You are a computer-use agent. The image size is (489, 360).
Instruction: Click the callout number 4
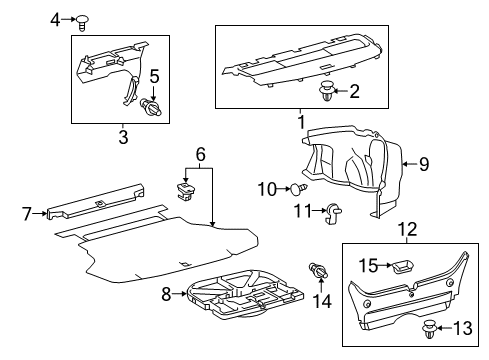55,20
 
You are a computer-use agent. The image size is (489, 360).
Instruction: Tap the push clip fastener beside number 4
82,22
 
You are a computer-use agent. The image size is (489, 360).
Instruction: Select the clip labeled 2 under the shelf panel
327,91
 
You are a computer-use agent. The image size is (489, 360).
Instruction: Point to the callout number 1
301,122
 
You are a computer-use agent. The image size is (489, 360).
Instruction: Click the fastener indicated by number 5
151,107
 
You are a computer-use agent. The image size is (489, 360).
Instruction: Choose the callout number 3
123,137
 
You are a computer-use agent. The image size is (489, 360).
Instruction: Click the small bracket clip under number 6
185,192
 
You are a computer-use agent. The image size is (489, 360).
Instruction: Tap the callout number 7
27,213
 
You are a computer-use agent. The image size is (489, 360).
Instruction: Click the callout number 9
424,164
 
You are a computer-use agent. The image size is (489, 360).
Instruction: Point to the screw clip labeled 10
299,188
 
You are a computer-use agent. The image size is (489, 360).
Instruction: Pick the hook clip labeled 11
333,212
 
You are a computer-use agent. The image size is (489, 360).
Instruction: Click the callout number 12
408,230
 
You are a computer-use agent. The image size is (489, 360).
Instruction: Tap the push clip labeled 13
429,329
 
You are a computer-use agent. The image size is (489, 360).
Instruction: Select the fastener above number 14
319,270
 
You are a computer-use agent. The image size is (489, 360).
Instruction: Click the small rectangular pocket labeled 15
403,266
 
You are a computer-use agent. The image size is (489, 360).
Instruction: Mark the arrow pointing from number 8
180,294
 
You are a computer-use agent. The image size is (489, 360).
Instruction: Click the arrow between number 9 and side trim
410,164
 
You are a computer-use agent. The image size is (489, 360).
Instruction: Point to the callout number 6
201,154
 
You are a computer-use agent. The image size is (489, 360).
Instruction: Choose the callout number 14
322,301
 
